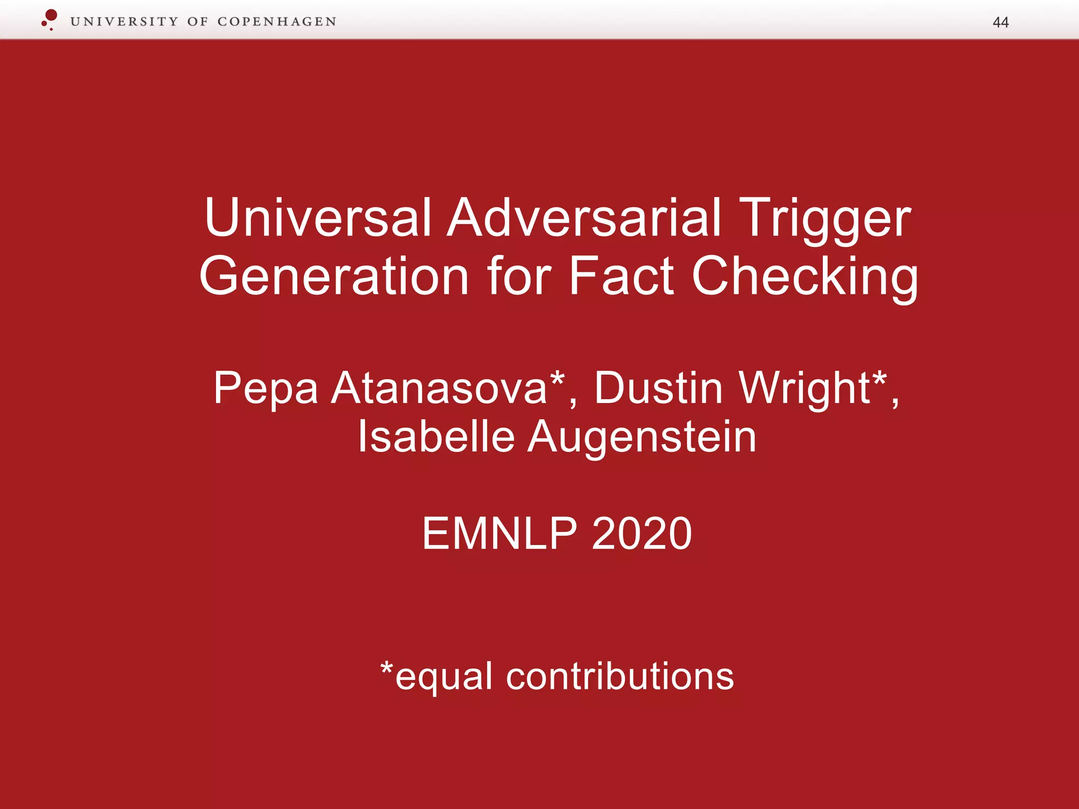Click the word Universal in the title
click(x=318, y=218)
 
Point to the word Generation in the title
click(x=334, y=276)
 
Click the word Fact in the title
click(x=622, y=276)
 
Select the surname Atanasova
click(x=439, y=388)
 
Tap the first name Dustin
click(x=658, y=388)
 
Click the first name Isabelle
click(x=436, y=437)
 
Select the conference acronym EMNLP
click(x=499, y=534)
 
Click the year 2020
click(x=641, y=534)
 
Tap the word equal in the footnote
click(x=444, y=677)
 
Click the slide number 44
click(x=1000, y=22)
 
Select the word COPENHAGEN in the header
click(x=277, y=22)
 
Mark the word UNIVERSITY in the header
click(x=124, y=22)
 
